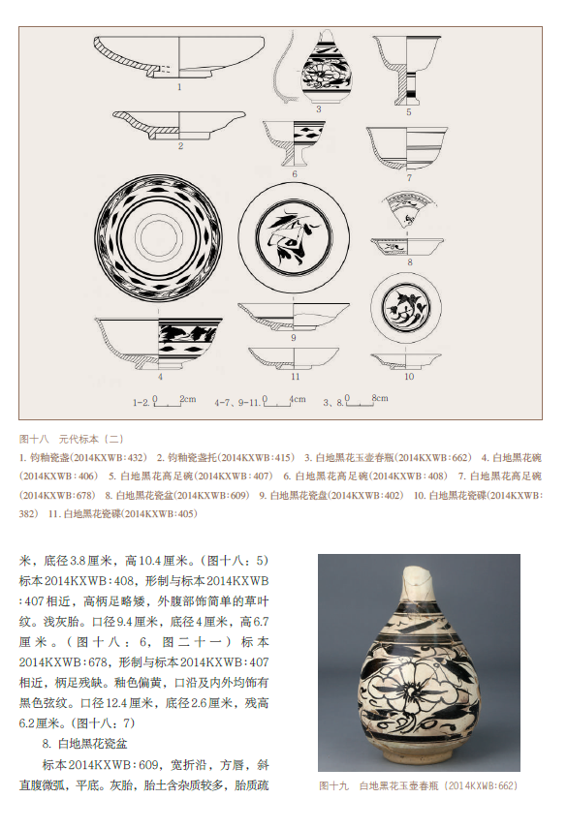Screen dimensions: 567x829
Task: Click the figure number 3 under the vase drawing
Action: [319, 109]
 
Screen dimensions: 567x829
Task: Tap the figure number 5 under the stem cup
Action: [409, 112]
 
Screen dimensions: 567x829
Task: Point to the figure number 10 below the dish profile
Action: [409, 377]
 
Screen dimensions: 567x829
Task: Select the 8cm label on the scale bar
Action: [380, 398]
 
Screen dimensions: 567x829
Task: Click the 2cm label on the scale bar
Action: [188, 399]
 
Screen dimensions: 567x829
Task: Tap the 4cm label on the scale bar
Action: [298, 399]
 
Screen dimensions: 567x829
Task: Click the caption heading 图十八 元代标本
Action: [72, 439]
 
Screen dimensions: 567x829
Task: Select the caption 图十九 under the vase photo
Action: [333, 786]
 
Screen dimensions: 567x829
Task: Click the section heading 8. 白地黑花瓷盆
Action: [84, 744]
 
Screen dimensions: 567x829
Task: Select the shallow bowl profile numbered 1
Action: [179, 57]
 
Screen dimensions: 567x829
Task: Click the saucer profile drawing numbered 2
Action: [179, 125]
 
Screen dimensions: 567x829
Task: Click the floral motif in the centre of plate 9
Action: [292, 235]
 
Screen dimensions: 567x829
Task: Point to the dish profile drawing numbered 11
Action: [294, 358]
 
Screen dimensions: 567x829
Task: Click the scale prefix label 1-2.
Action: [142, 403]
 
